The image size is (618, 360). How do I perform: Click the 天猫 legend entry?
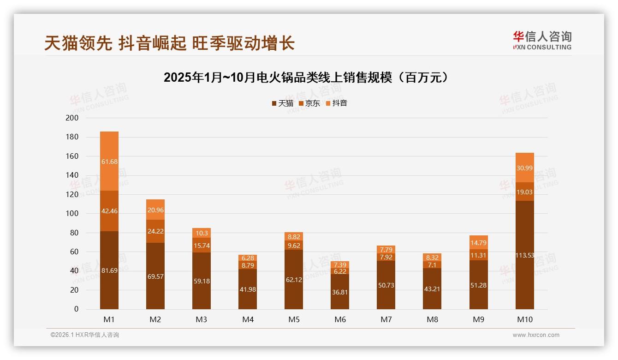click(282, 103)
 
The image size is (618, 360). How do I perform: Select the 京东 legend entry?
click(309, 103)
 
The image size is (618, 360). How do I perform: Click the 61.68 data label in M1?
click(109, 162)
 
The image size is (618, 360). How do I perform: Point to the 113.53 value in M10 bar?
click(525, 255)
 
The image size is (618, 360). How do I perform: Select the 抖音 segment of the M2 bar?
click(155, 210)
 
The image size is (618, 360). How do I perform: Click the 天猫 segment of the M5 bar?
click(294, 280)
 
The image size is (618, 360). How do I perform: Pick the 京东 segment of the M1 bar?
click(109, 211)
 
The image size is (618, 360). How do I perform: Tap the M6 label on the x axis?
click(340, 319)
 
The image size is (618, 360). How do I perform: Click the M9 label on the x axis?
click(478, 319)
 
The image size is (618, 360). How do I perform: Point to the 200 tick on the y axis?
click(72, 118)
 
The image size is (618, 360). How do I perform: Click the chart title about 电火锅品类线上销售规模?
click(306, 78)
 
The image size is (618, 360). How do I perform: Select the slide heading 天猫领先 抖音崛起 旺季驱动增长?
click(169, 43)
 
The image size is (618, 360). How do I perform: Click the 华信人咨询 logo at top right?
click(541, 40)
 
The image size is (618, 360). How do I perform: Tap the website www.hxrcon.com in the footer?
click(536, 335)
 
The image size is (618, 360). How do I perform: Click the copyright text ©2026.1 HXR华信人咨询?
click(84, 335)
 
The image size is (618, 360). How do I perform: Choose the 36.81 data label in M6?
click(340, 292)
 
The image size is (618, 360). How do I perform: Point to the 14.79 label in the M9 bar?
click(478, 242)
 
